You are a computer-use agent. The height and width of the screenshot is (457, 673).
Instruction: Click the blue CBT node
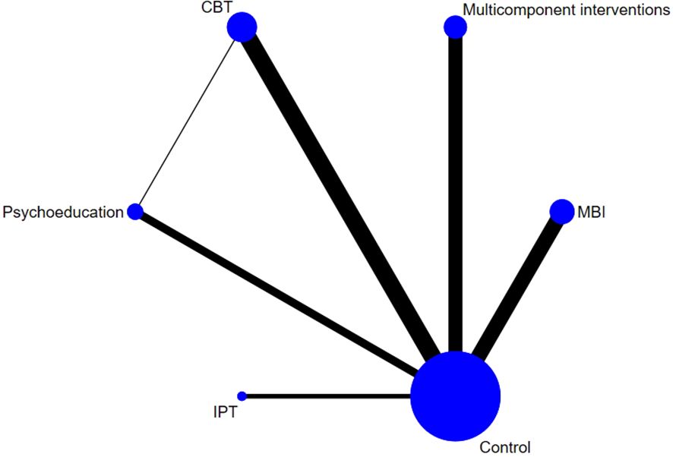(242, 27)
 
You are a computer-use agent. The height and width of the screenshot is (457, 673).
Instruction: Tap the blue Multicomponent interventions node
(455, 27)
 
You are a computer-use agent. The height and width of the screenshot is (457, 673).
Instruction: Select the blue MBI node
(561, 212)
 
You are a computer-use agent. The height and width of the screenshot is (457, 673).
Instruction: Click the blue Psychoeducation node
(135, 212)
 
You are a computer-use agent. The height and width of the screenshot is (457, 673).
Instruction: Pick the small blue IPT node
(242, 396)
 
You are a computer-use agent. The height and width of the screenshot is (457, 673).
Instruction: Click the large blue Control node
(455, 396)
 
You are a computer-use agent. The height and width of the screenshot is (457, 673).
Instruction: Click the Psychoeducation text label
(63, 212)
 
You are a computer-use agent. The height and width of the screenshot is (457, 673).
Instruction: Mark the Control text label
(505, 447)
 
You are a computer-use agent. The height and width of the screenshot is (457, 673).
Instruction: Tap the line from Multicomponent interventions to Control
(455, 190)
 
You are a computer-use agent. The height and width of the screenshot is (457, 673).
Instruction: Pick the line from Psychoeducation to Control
(281, 295)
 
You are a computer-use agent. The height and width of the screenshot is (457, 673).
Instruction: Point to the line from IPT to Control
(327, 396)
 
